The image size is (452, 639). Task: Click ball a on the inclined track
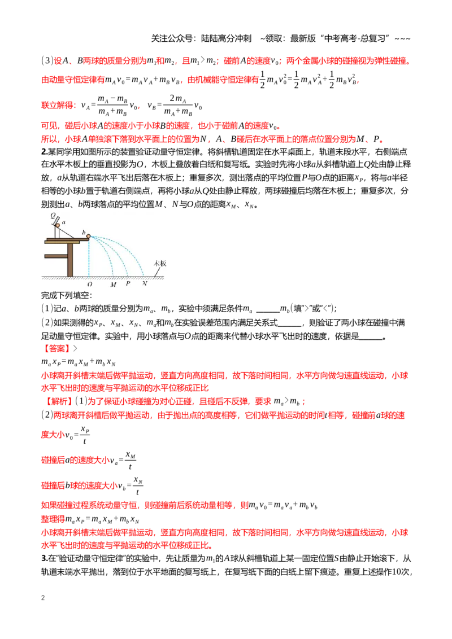click(58, 225)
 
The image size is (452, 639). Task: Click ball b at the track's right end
click(89, 237)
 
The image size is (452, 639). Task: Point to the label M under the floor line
click(114, 285)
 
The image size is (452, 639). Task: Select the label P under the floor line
click(128, 283)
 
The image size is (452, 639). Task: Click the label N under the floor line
click(145, 283)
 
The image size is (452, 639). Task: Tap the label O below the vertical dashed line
click(90, 285)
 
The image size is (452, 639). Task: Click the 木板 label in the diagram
click(160, 263)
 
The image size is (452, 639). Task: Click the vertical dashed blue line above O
click(89, 257)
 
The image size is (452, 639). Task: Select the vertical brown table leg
click(70, 260)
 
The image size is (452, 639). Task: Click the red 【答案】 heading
click(56, 348)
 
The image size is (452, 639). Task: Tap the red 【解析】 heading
click(59, 401)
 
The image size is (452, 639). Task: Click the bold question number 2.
click(44, 152)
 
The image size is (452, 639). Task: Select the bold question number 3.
click(44, 558)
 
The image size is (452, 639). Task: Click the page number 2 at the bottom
click(43, 598)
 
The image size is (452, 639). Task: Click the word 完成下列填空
click(67, 295)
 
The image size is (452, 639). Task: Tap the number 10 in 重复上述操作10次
click(397, 572)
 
